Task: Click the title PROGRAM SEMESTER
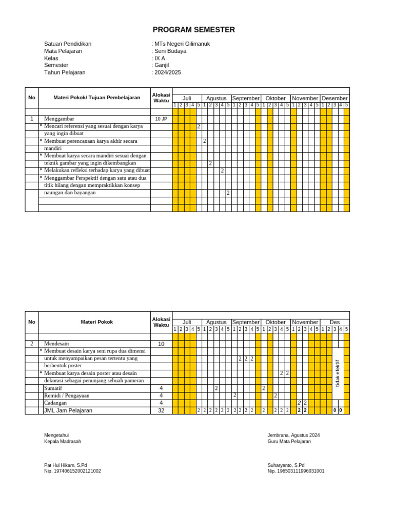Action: click(x=194, y=30)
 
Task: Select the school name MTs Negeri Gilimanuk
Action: click(x=182, y=44)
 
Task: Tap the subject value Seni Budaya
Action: click(x=170, y=51)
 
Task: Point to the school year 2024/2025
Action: click(x=168, y=72)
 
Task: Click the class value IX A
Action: click(x=160, y=58)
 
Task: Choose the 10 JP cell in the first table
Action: click(x=161, y=119)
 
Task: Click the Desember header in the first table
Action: click(x=334, y=98)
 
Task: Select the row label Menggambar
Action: click(x=59, y=119)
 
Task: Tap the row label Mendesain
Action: click(x=56, y=344)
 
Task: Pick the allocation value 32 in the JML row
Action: click(x=161, y=410)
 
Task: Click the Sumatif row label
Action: click(x=53, y=388)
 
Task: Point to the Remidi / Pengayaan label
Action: click(x=67, y=396)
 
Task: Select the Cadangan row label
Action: click(x=55, y=403)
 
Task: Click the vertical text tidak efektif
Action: click(x=338, y=373)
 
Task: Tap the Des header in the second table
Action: click(x=334, y=322)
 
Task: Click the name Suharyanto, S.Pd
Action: click(x=286, y=465)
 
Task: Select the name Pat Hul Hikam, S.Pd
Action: click(x=66, y=465)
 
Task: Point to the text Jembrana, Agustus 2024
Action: click(x=293, y=435)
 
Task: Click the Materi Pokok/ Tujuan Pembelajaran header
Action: click(x=97, y=98)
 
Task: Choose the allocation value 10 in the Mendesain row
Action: click(x=161, y=344)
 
